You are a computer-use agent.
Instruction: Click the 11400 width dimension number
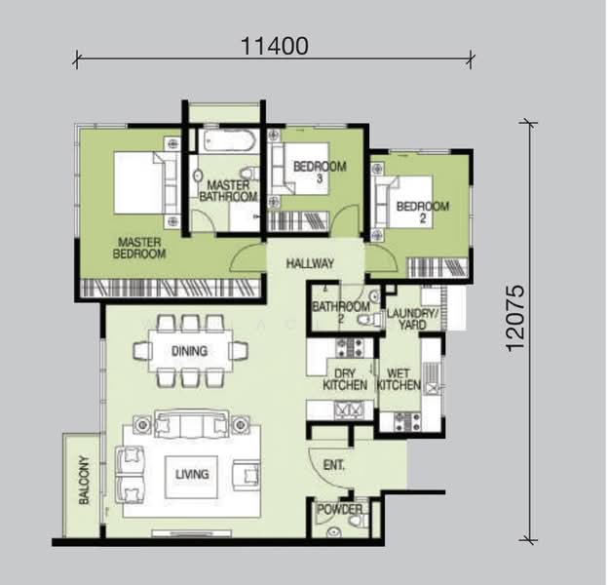275,46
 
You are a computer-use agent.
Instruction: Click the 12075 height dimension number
516,319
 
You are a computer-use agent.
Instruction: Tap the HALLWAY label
310,263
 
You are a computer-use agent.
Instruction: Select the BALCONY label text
84,481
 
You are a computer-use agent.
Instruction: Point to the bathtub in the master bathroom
228,141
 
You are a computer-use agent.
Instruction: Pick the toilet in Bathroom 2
368,320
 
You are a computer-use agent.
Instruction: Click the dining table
190,351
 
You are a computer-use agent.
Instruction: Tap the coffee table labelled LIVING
191,477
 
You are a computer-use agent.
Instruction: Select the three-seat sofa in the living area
191,424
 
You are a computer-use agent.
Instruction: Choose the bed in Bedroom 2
407,202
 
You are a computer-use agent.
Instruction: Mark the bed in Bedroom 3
301,169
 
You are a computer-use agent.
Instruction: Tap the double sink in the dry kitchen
350,409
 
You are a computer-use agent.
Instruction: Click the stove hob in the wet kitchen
407,422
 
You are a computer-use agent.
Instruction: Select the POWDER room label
340,509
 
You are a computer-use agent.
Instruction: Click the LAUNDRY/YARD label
412,319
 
